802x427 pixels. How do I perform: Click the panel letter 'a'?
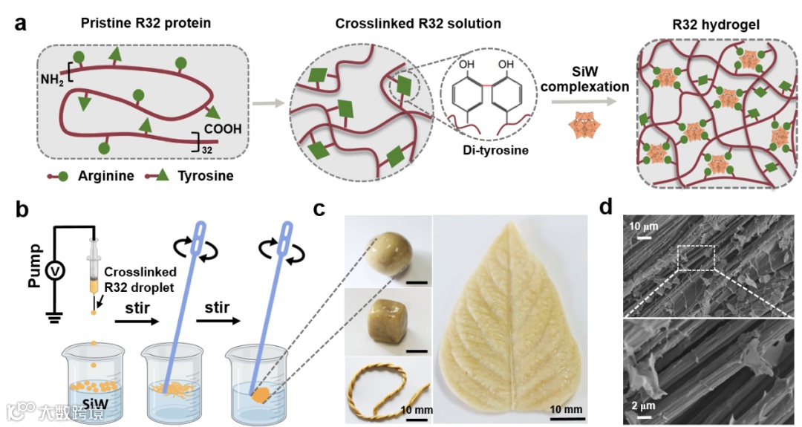[21, 24]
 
